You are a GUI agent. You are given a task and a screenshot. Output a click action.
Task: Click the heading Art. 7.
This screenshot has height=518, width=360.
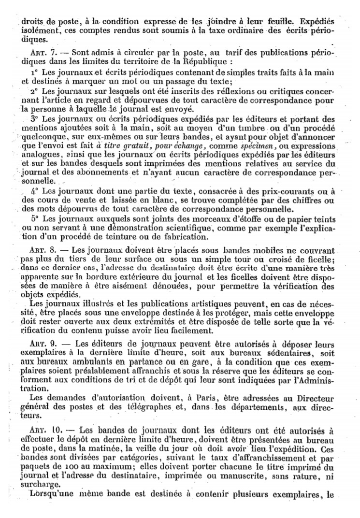pyautogui.click(x=39, y=52)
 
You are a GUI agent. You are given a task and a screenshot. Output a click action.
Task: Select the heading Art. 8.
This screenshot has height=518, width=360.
pyautogui.click(x=39, y=251)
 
